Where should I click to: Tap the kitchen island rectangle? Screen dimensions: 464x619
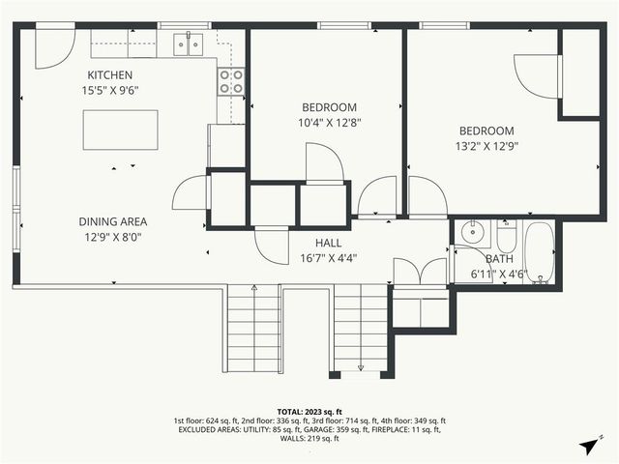tap(121, 130)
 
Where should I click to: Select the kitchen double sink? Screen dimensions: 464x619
tap(189, 43)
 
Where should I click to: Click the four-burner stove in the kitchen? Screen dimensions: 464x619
tap(231, 81)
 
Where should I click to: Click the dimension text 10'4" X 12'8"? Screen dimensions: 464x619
tap(330, 123)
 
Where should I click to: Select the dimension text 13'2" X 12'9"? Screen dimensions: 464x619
tap(486, 147)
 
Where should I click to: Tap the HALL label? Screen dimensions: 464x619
tap(328, 243)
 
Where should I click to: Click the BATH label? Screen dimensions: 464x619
tap(500, 259)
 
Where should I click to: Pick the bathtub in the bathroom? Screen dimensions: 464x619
tap(539, 251)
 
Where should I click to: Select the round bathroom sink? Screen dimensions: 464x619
tap(472, 233)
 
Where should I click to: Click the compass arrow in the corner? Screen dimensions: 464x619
tap(588, 445)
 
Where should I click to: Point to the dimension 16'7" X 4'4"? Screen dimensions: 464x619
tap(328, 258)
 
